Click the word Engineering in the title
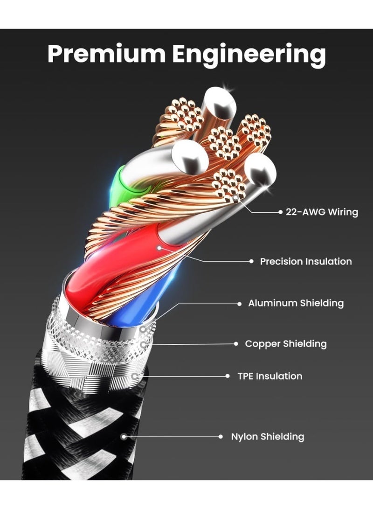point(249,55)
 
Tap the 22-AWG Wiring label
point(322,212)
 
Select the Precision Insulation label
point(306,261)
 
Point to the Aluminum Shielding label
point(296,303)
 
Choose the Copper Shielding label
point(286,344)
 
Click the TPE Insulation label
point(270,376)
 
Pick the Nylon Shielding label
point(268,437)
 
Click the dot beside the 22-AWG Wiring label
point(281,212)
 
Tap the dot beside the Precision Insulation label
point(251,261)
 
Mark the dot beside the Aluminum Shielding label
point(239,304)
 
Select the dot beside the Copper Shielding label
point(236,344)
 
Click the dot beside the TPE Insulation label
point(228,376)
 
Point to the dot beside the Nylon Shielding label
point(221,437)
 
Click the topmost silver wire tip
point(221,103)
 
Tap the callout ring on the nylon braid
point(123,437)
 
